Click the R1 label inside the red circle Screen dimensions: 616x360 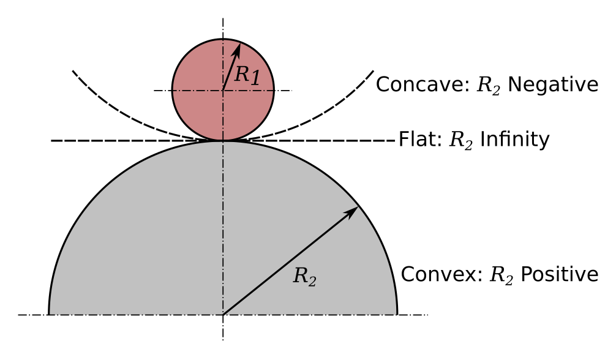tap(248, 75)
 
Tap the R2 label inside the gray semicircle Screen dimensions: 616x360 tap(304, 276)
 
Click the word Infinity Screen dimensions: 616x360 tap(514, 140)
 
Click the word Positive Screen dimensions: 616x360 tap(559, 274)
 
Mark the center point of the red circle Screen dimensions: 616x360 tap(223, 91)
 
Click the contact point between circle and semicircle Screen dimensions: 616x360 tap(223, 141)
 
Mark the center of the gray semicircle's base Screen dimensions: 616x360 tap(223, 315)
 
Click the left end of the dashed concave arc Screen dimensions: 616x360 tap(73, 71)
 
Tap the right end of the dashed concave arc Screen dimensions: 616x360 tap(373, 71)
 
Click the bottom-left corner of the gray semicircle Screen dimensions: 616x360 tap(49, 314)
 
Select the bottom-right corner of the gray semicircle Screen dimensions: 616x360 tap(397, 314)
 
